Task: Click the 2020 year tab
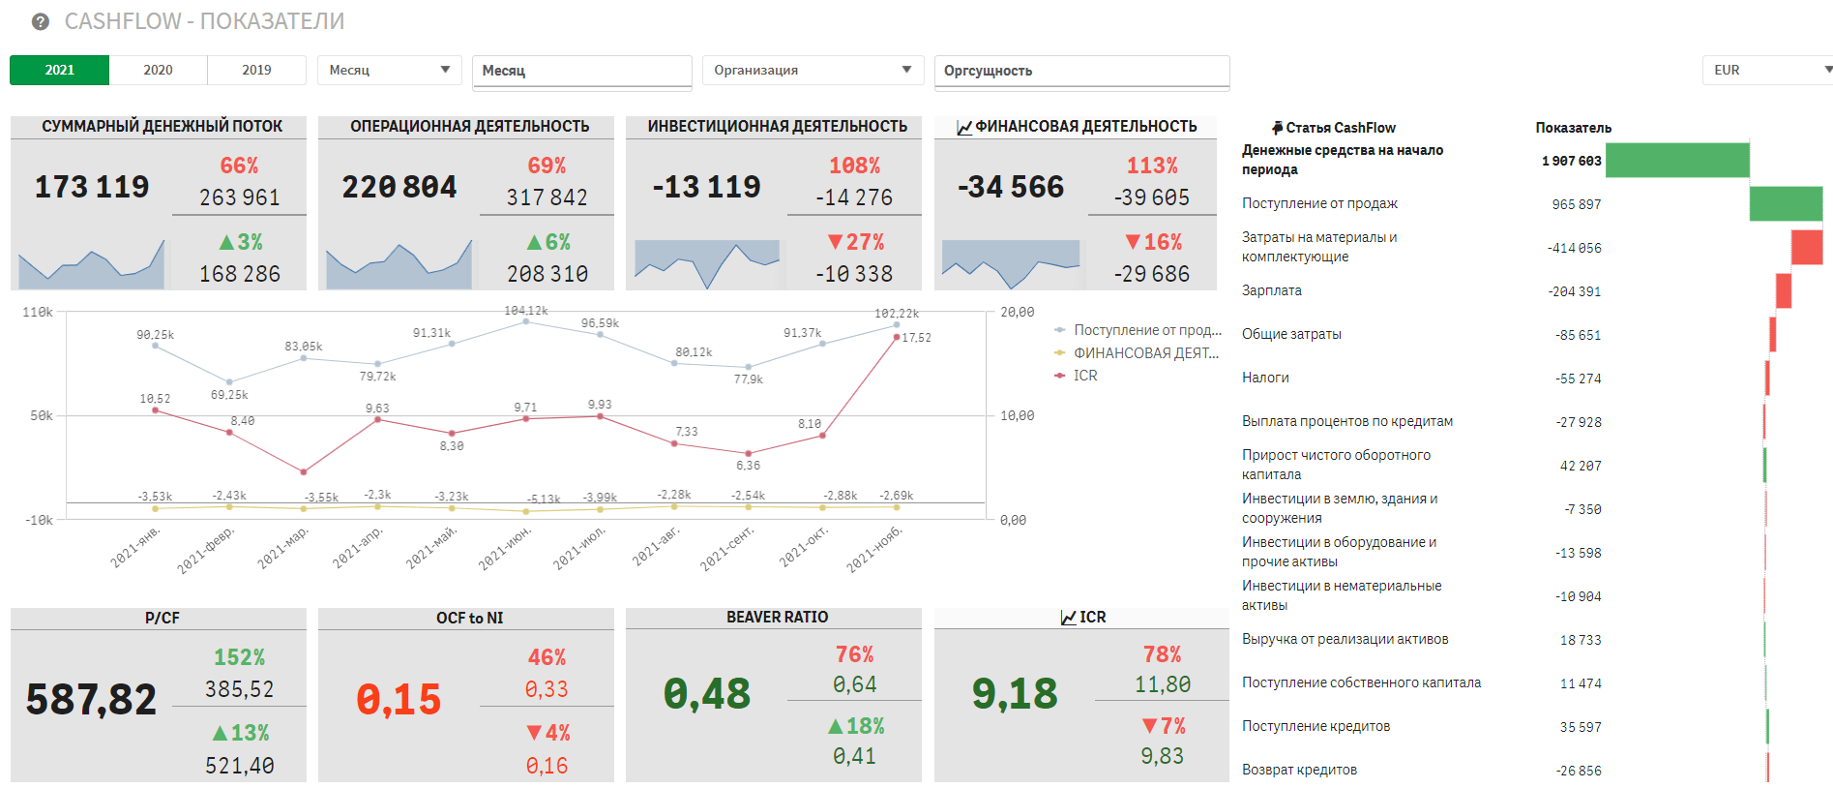click(158, 70)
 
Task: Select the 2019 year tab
click(256, 70)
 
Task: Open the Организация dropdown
click(813, 70)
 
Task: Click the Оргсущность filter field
click(1080, 71)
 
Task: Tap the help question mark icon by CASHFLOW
click(41, 21)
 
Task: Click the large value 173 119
click(92, 187)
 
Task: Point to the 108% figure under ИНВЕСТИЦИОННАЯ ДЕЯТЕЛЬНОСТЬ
click(854, 166)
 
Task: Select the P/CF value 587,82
click(91, 699)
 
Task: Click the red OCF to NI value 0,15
click(399, 699)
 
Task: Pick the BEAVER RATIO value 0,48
click(707, 694)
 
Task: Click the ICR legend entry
click(1084, 376)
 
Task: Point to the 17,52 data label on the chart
click(916, 338)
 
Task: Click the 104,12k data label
click(526, 311)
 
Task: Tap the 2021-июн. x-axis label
click(506, 548)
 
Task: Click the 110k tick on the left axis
click(38, 313)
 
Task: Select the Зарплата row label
click(1271, 290)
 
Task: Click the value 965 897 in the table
click(1576, 204)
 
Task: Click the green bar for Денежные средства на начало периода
click(1676, 161)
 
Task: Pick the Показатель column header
click(1573, 128)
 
